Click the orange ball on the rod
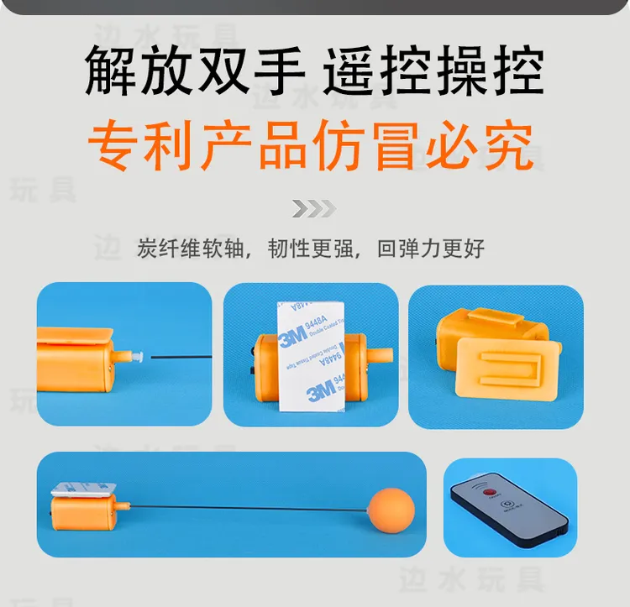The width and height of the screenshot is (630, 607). coord(391,507)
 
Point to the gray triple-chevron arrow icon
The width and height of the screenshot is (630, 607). coord(313,208)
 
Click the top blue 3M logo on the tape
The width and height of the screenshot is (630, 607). coord(294,337)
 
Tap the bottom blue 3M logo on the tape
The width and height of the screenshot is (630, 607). coord(322,389)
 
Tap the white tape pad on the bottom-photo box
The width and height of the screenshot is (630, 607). coord(84,487)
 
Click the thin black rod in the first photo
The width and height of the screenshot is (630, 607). coord(181,357)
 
